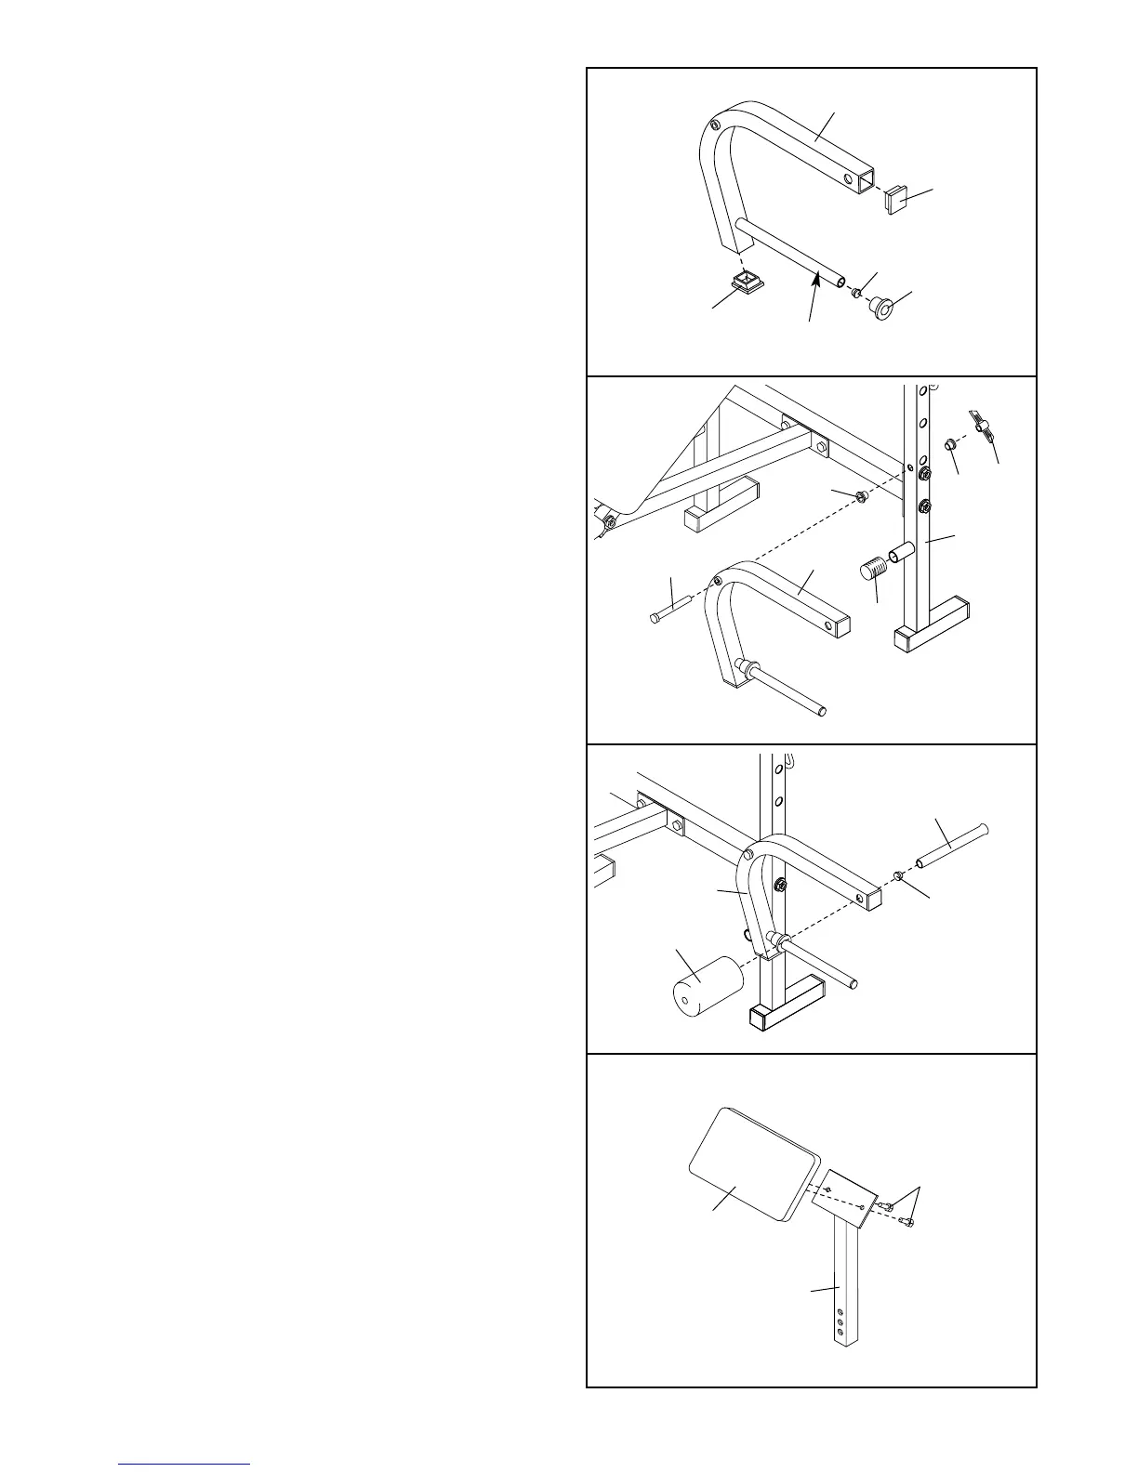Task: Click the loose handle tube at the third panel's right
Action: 952,844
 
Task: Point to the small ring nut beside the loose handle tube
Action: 899,875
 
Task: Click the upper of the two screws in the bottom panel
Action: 887,1206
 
